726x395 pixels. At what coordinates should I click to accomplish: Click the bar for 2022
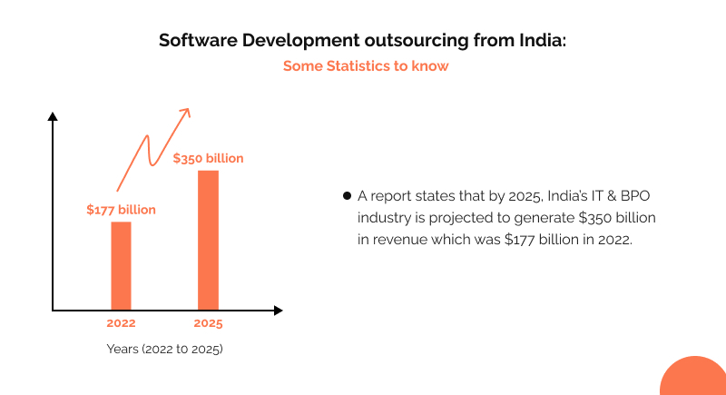[121, 265]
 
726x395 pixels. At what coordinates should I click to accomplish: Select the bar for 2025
[208, 240]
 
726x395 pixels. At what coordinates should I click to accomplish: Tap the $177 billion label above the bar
[121, 210]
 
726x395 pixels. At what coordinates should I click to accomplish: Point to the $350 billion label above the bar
[208, 158]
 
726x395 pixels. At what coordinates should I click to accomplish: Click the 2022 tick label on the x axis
[121, 323]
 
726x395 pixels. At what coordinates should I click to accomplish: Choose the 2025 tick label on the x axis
[208, 323]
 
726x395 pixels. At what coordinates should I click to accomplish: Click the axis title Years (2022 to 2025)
[164, 350]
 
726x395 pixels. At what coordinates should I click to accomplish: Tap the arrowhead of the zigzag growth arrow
[185, 112]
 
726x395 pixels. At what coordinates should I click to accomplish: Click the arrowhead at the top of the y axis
[53, 116]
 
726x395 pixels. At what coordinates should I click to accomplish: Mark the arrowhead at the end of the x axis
[278, 310]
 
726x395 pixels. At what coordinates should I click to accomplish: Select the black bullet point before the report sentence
[347, 196]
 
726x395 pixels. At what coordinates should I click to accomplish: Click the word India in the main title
[537, 41]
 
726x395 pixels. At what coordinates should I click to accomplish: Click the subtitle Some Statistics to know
[365, 66]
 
